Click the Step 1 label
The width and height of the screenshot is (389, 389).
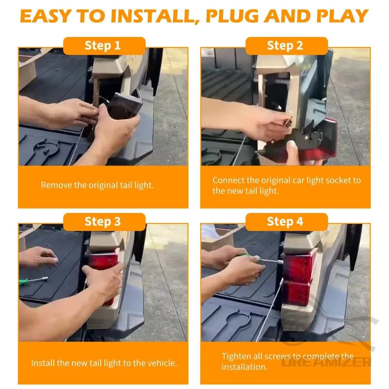(x=103, y=46)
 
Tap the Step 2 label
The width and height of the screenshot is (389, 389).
(x=285, y=46)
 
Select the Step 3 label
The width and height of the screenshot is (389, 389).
(x=103, y=222)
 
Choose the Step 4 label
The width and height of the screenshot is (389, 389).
(x=285, y=222)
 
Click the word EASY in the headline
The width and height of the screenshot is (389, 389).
(x=45, y=16)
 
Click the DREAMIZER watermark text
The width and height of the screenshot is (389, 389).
(x=326, y=362)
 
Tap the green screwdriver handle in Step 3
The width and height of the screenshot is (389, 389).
(x=23, y=283)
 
